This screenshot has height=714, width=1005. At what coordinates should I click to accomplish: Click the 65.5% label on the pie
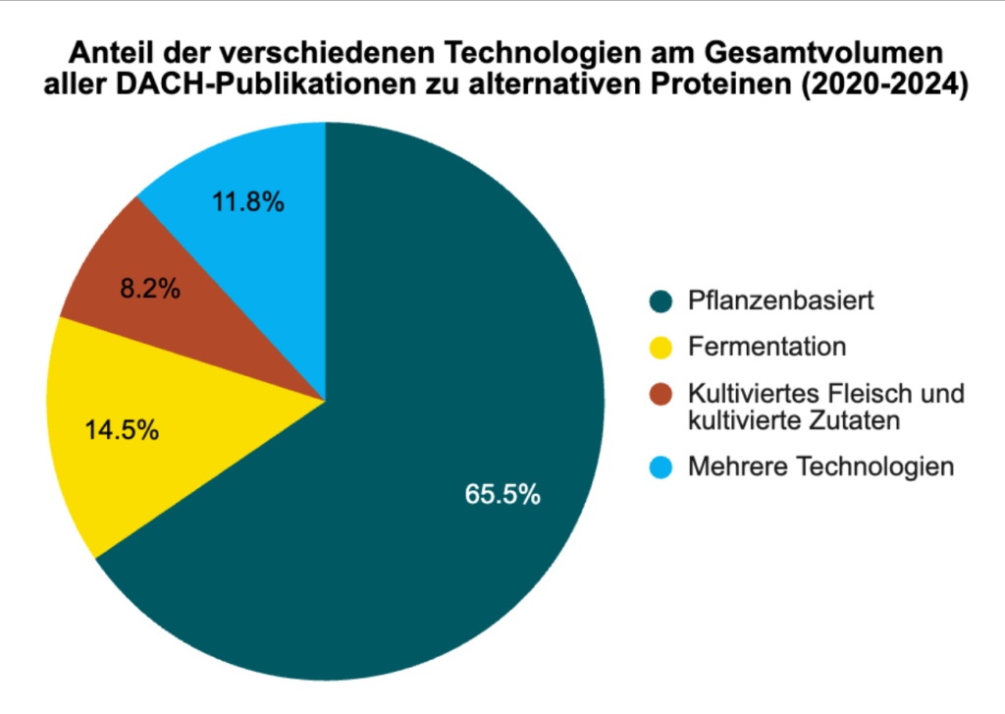(x=502, y=494)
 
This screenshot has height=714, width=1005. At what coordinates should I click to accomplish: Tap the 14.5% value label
(x=124, y=430)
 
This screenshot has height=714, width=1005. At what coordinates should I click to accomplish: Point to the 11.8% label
(x=248, y=203)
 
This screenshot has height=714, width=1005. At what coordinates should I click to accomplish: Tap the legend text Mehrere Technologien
(x=820, y=467)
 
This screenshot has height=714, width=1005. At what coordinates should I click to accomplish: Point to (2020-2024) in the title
(x=879, y=84)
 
